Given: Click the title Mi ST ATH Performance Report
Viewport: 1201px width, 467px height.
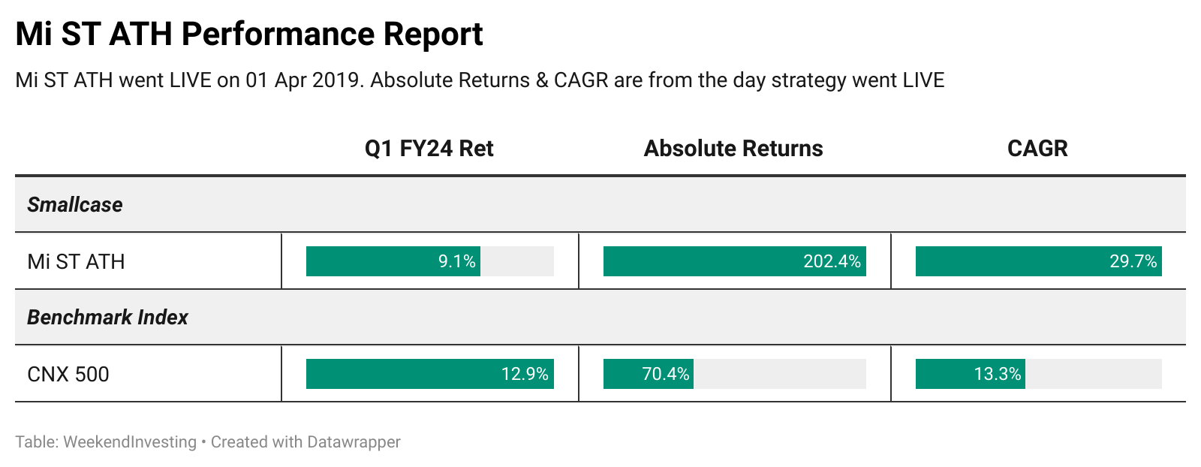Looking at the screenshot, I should pos(248,35).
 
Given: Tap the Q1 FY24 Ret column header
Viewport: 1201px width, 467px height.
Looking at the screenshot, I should pos(429,149).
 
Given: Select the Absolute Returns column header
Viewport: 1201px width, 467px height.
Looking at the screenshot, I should pos(733,149).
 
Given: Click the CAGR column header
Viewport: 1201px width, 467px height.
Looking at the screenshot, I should pos(1037,149).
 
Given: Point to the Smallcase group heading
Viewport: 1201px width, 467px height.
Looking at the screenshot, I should pos(75,205).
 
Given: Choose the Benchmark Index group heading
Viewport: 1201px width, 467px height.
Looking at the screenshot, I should pos(107,318).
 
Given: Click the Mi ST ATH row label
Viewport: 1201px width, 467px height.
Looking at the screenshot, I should pos(76,262).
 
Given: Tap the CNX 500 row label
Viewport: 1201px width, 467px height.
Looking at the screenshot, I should pos(68,375).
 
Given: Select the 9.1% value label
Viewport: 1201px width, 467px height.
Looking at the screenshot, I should pos(457,261).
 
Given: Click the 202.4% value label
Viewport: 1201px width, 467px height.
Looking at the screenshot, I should pos(832,261).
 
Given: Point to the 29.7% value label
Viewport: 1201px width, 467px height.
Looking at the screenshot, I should pos(1133,261).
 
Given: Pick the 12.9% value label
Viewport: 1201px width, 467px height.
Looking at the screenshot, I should pos(525,374).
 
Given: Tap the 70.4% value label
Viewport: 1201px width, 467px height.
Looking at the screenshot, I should pos(666,374).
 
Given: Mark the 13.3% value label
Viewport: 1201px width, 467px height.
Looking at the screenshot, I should pos(998,374).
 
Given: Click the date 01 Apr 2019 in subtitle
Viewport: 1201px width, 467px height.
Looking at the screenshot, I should pos(304,80).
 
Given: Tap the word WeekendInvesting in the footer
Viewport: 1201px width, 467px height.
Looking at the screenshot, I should pos(130,442).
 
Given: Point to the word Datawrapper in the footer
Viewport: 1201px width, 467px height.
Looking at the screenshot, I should pos(354,442).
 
